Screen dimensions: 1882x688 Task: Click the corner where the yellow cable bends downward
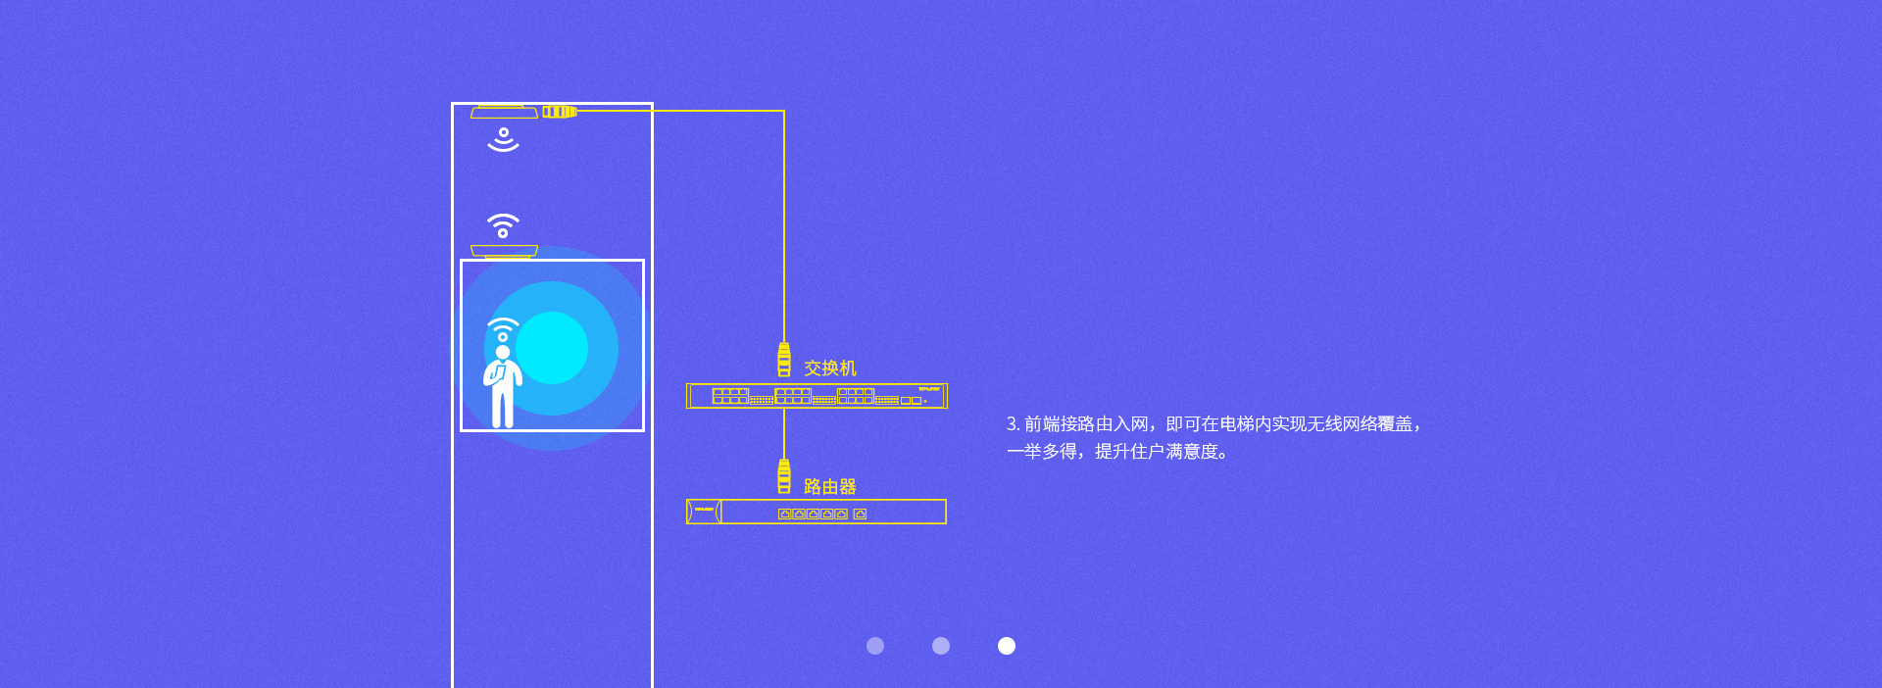point(783,111)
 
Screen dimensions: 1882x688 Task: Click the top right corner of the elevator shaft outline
point(652,104)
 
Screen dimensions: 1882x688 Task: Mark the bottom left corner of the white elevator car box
point(462,429)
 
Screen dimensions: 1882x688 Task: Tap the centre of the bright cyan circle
point(552,347)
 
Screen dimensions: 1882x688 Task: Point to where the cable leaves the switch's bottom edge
point(783,409)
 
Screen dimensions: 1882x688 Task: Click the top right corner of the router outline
point(946,500)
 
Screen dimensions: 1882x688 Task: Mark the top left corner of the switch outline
point(687,384)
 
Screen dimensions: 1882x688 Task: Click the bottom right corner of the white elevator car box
point(643,429)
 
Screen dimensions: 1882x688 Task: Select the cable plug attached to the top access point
point(560,112)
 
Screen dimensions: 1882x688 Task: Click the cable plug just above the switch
point(784,360)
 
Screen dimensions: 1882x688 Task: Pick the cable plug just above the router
point(784,476)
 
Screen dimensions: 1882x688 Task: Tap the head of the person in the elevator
point(503,352)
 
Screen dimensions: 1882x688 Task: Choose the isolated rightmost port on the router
point(860,514)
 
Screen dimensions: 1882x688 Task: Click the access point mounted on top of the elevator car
point(504,252)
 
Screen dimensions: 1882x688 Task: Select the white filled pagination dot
point(1007,646)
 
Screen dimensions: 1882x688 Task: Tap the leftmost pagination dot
point(875,646)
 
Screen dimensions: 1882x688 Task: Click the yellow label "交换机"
point(830,369)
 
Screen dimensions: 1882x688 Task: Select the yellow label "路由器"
point(830,487)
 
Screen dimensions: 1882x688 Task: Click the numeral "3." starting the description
point(1014,424)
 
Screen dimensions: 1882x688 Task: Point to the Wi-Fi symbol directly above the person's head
point(503,329)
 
